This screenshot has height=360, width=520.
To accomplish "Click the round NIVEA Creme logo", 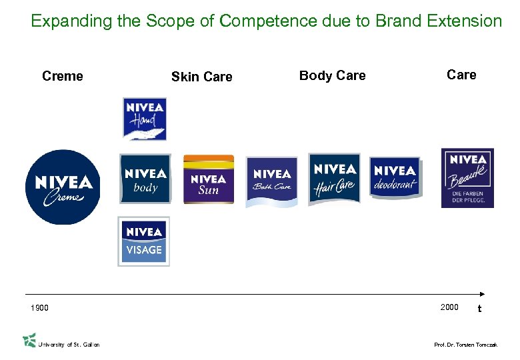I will (x=63, y=187).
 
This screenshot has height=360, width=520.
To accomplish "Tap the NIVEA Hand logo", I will (x=145, y=119).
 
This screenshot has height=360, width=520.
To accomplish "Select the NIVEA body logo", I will (x=145, y=179).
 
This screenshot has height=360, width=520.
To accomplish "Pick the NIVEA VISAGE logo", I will (x=144, y=241).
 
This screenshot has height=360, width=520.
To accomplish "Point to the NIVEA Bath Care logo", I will (x=272, y=181).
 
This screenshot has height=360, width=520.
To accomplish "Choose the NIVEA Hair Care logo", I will (x=334, y=178).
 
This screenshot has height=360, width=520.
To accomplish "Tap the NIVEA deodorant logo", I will (x=395, y=177).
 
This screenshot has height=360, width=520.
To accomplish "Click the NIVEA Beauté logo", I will (x=467, y=178).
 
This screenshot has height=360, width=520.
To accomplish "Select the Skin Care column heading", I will (x=201, y=77).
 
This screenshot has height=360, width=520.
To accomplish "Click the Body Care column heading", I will (x=332, y=75).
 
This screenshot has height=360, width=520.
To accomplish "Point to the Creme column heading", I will (x=63, y=76).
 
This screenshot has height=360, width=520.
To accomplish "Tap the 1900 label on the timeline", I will (x=39, y=308).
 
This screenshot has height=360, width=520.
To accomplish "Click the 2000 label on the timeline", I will (x=449, y=307).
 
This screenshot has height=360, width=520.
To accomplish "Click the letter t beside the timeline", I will (x=479, y=309).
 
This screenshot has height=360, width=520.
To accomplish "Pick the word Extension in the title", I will (x=466, y=21).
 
